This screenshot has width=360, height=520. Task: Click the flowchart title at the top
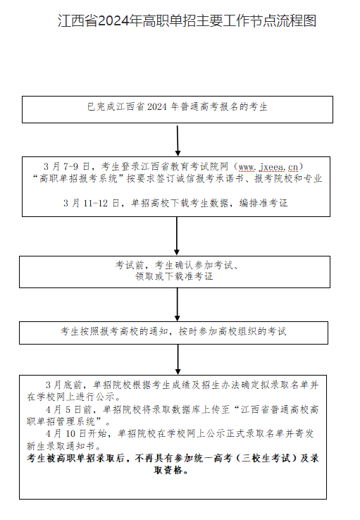pyautogui.click(x=187, y=20)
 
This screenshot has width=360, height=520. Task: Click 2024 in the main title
pyautogui.click(x=113, y=21)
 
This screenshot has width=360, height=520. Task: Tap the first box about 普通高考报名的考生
pyautogui.click(x=178, y=109)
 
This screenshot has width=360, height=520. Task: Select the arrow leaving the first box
pyautogui.click(x=178, y=141)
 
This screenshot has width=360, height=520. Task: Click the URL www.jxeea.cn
pyautogui.click(x=268, y=166)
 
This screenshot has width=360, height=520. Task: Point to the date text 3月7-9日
pyautogui.click(x=67, y=166)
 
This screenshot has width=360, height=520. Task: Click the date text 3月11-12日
pyautogui.click(x=92, y=203)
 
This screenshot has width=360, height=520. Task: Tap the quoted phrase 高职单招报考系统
pyautogui.click(x=79, y=178)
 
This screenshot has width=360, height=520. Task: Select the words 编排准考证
pyautogui.click(x=263, y=203)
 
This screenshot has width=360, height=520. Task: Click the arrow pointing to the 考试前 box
pyautogui.click(x=177, y=236)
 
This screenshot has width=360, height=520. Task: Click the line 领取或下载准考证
pyautogui.click(x=174, y=276)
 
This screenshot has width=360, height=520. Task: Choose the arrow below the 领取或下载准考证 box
pyautogui.click(x=178, y=304)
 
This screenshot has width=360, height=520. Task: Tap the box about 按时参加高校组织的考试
pyautogui.click(x=174, y=333)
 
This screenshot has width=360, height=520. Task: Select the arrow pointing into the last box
pyautogui.click(x=178, y=359)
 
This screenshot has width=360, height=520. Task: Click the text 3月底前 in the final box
pyautogui.click(x=63, y=385)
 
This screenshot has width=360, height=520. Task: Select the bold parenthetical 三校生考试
pyautogui.click(x=267, y=458)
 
